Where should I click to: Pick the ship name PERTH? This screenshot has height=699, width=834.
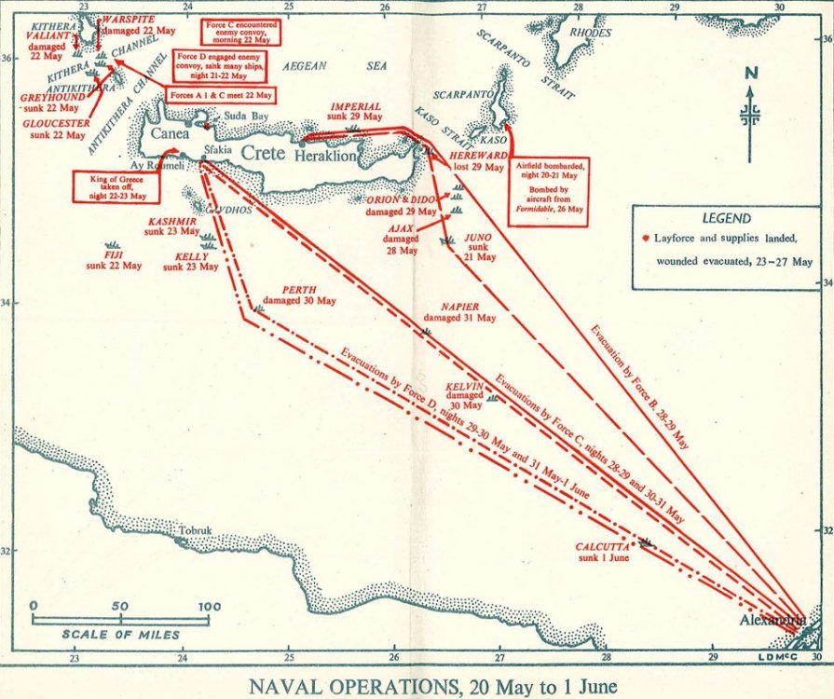(299, 290)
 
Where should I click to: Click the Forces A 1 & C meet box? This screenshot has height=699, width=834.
(221, 95)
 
